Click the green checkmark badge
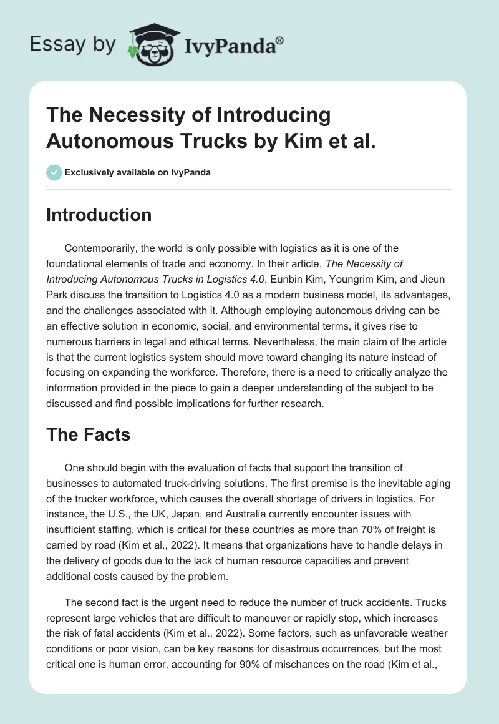click(x=55, y=172)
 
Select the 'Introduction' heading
click(x=99, y=215)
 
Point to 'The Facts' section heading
click(x=88, y=434)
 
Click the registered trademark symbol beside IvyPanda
click(x=280, y=39)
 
